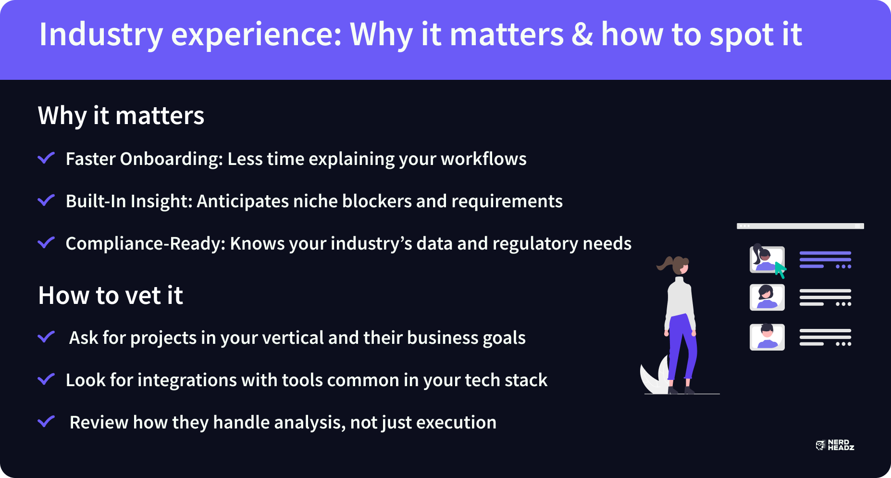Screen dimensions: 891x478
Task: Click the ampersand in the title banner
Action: pyautogui.click(x=582, y=35)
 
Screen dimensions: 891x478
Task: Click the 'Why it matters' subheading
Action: pyautogui.click(x=121, y=115)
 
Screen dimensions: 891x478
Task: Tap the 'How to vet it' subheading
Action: pyautogui.click(x=111, y=295)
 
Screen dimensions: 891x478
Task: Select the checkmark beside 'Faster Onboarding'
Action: pyautogui.click(x=46, y=158)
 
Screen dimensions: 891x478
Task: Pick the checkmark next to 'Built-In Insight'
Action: pyautogui.click(x=46, y=200)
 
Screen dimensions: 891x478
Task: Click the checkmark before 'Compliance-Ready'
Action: pyautogui.click(x=46, y=242)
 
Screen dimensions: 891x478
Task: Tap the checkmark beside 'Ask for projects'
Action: pyautogui.click(x=46, y=337)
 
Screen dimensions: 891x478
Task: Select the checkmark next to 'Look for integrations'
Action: pyautogui.click(x=46, y=379)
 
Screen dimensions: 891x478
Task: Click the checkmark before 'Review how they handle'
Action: pyautogui.click(x=46, y=421)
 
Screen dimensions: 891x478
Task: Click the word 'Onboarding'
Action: pyautogui.click(x=172, y=159)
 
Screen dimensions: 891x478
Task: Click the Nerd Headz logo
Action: pyautogui.click(x=835, y=445)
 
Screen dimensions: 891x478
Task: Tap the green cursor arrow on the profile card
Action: pyautogui.click(x=780, y=270)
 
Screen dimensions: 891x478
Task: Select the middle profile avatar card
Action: pyautogui.click(x=767, y=297)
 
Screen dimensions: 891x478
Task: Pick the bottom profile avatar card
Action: pyautogui.click(x=767, y=337)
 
